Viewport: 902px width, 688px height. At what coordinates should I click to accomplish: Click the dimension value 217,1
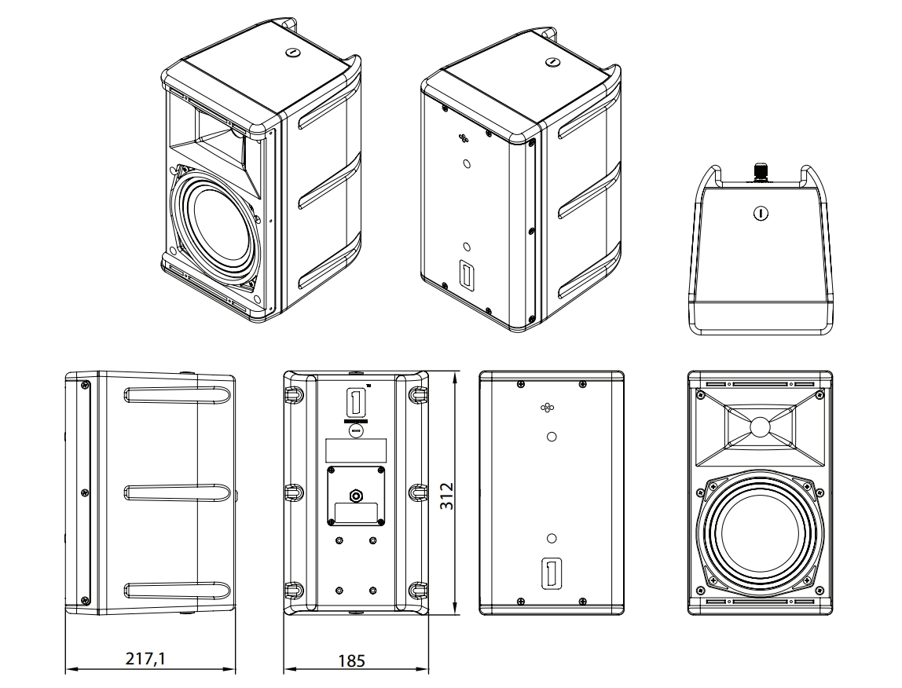click(145, 658)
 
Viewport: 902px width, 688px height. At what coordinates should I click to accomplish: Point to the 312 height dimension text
click(446, 496)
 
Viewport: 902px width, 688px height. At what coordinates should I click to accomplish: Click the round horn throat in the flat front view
click(760, 426)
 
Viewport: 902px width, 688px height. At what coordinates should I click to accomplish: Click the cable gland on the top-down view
click(760, 171)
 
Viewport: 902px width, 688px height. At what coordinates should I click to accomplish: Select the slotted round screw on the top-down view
click(760, 212)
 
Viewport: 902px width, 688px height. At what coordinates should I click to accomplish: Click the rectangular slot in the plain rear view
click(552, 573)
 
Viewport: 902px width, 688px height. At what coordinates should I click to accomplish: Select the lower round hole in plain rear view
click(552, 538)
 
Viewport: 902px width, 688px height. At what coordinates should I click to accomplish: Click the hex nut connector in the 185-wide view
click(355, 496)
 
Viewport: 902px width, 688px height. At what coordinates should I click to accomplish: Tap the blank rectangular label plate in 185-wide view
click(355, 450)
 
